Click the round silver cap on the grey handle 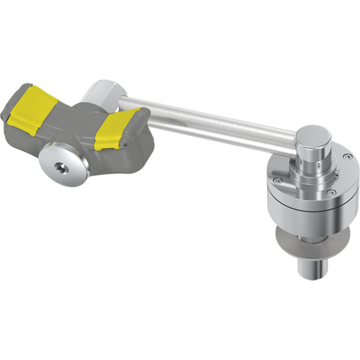pyautogui.click(x=65, y=163)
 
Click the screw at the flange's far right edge pyautogui.click(x=348, y=157)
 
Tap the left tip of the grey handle pyautogui.click(x=9, y=115)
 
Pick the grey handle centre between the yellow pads pyautogui.click(x=72, y=126)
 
